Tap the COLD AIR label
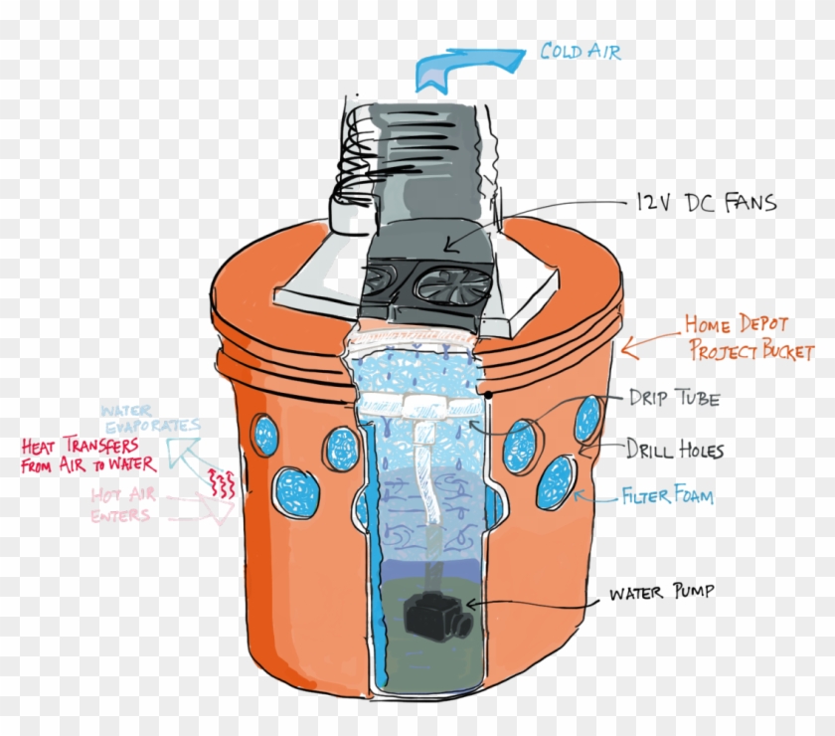[581, 51]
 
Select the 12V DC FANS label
[706, 203]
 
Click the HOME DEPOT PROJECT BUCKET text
[749, 338]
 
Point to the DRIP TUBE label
[674, 398]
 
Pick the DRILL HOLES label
[674, 450]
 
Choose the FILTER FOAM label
[668, 494]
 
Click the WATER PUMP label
[661, 592]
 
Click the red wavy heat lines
[221, 482]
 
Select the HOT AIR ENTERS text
[122, 504]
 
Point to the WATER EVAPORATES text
[150, 419]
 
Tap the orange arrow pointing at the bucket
[651, 343]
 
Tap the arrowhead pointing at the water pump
[473, 605]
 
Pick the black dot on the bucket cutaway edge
[487, 396]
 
